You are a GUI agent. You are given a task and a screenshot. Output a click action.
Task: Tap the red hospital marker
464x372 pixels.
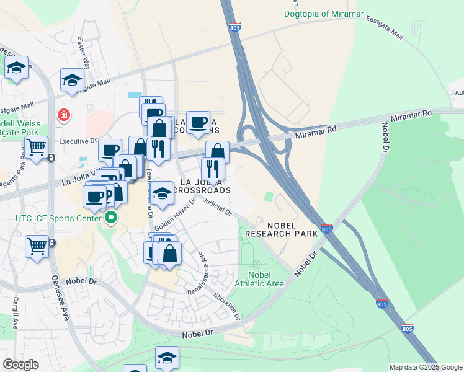pos(63,115)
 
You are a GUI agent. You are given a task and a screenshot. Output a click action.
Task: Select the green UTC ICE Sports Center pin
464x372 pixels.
pos(111,218)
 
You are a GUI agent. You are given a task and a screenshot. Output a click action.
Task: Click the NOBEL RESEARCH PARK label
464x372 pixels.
pos(281,229)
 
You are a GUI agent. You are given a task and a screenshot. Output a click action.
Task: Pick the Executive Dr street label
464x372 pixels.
pos(79,141)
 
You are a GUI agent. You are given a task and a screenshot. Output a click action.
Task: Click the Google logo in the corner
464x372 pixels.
pos(20,365)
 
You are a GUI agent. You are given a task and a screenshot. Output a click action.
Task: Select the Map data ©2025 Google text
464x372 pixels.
pos(426,367)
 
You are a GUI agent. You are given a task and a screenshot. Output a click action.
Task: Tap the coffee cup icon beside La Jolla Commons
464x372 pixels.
pos(198,122)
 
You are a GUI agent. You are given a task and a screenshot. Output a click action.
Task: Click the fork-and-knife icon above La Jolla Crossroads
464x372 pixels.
pos(213,168)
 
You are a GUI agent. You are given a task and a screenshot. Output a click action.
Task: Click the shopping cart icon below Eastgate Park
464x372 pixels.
pos(37,148)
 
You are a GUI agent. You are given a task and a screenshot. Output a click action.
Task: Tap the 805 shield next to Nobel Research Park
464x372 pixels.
pos(328,229)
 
